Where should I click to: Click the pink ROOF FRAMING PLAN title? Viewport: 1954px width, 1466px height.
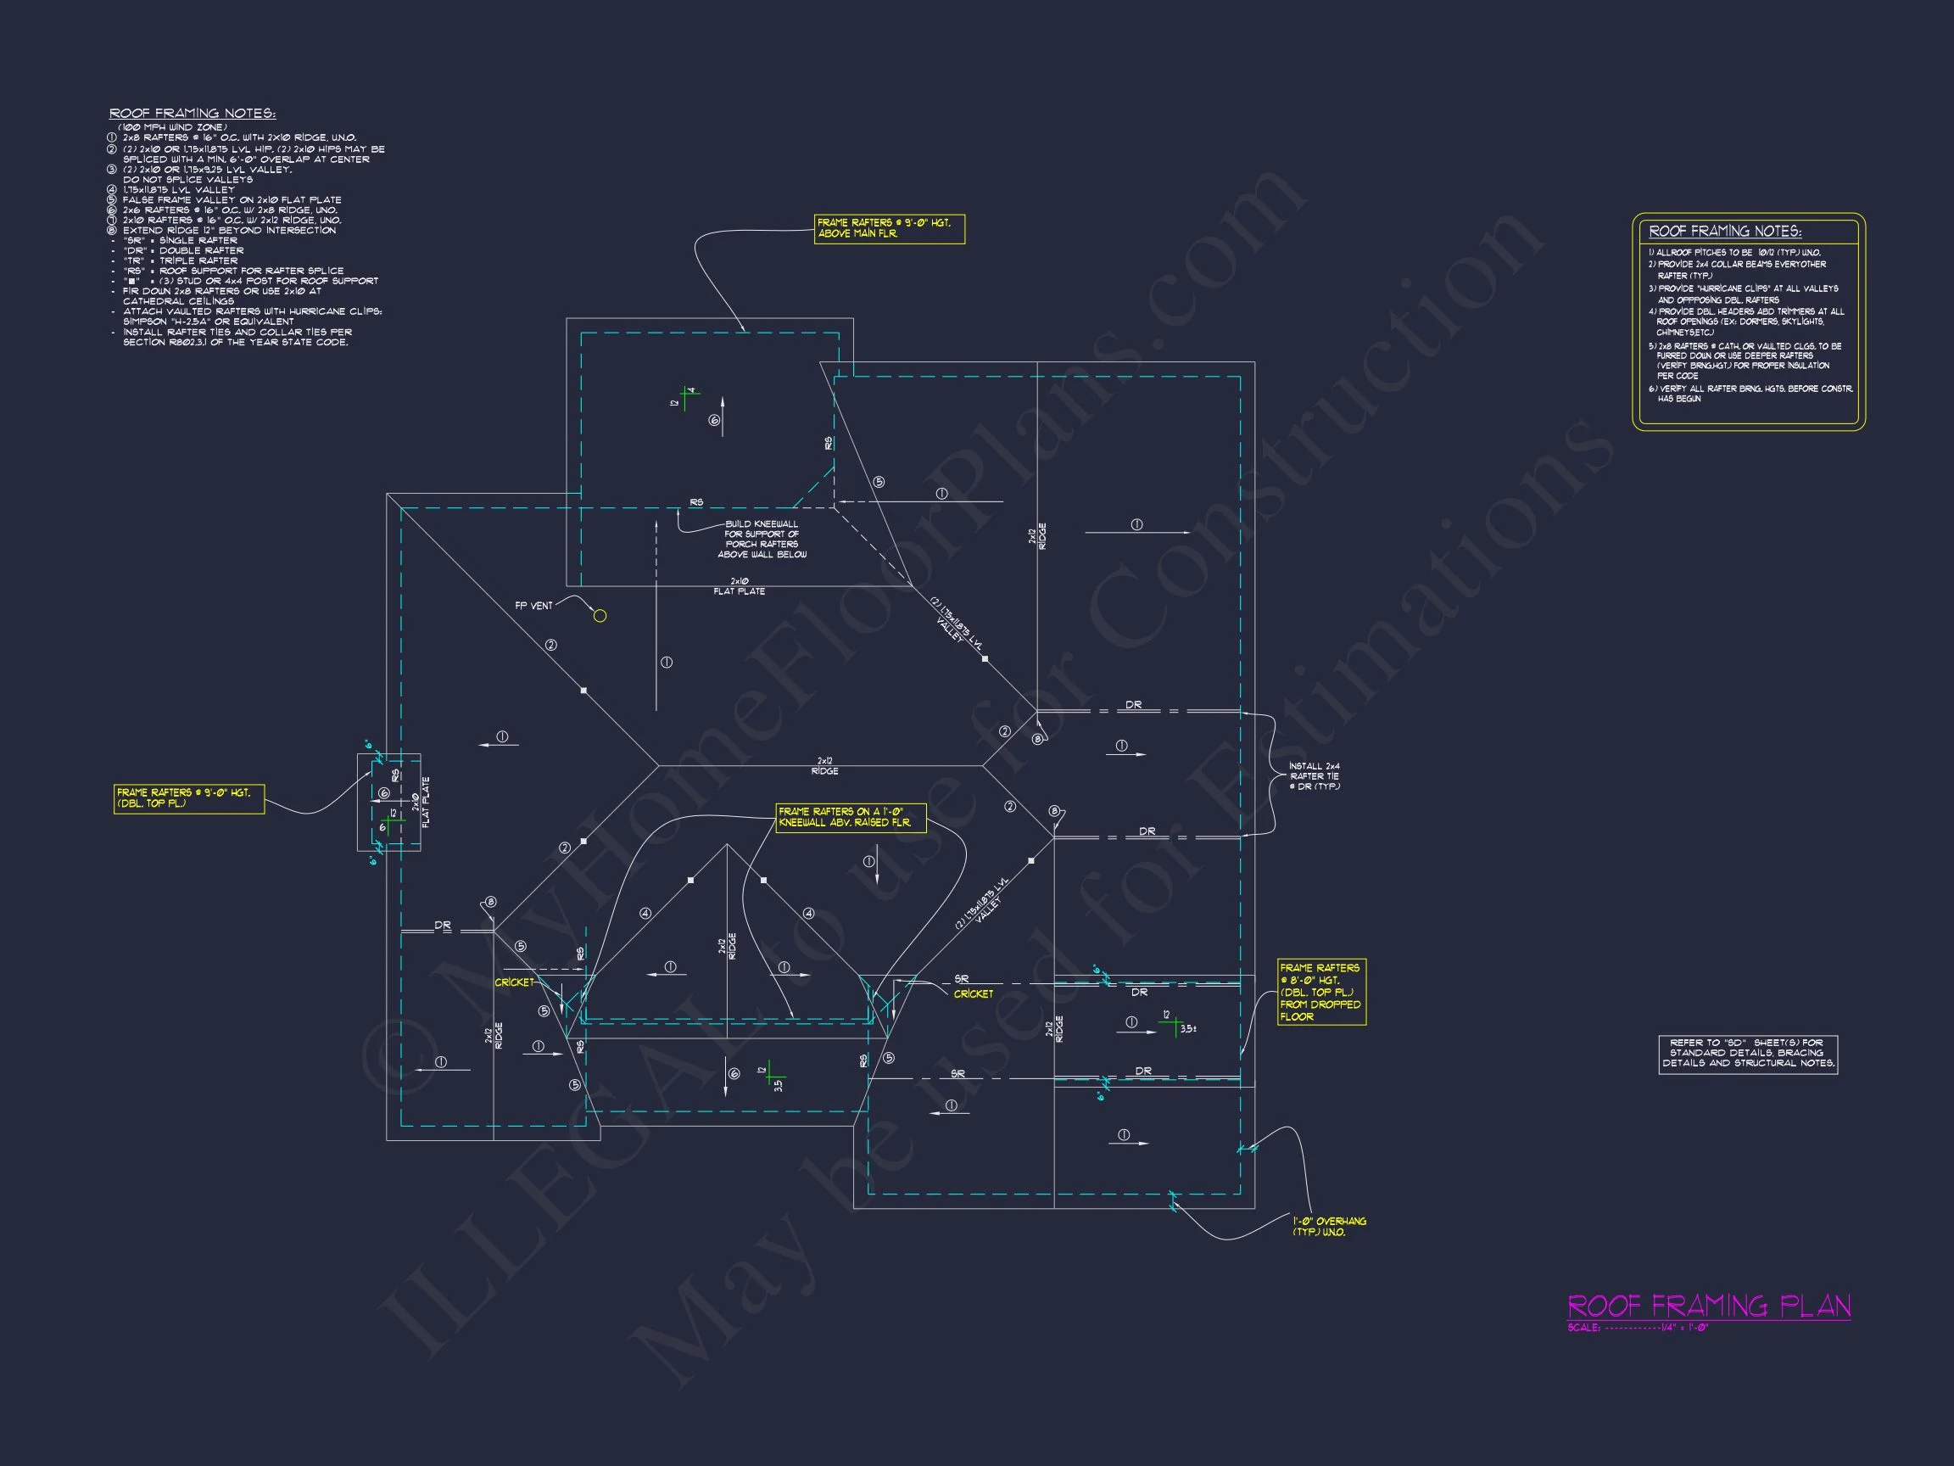pos(1708,1306)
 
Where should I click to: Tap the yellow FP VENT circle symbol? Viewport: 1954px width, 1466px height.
pos(600,616)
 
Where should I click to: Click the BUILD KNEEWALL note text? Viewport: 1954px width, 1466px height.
pos(762,539)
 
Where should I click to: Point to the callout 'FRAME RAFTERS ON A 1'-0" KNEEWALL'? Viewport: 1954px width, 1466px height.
pos(851,817)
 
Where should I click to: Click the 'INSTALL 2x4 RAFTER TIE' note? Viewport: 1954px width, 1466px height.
pos(1314,777)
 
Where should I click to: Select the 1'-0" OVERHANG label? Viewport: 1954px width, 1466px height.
pos(1329,1227)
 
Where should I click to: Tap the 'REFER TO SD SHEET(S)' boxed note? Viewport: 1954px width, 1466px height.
pos(1747,1054)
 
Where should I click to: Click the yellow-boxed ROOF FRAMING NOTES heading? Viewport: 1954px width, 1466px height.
pos(1724,232)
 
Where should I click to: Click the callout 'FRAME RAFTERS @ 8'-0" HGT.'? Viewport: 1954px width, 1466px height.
pos(1320,993)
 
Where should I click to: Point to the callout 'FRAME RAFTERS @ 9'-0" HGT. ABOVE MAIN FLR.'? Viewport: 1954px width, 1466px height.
pos(889,229)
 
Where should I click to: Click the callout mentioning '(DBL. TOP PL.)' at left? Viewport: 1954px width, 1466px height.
pos(188,799)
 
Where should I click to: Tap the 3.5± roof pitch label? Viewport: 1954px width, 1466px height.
pos(1187,1028)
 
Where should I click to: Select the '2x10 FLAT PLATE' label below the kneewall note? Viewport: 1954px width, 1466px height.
pos(739,587)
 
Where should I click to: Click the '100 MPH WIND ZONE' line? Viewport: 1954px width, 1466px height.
pos(172,127)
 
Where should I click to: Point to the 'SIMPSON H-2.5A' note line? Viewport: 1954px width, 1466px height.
pos(208,322)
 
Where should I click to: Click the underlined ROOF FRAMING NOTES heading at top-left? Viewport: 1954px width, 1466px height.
pos(192,113)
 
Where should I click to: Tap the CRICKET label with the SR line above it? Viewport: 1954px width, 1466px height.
pos(973,994)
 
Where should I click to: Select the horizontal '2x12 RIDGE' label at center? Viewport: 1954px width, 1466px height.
pos(824,766)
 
